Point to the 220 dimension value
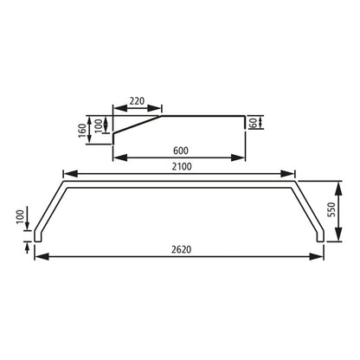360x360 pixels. tap(138, 100)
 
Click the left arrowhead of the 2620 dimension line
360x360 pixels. tap(40, 256)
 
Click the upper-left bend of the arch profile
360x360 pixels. tap(64, 181)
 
